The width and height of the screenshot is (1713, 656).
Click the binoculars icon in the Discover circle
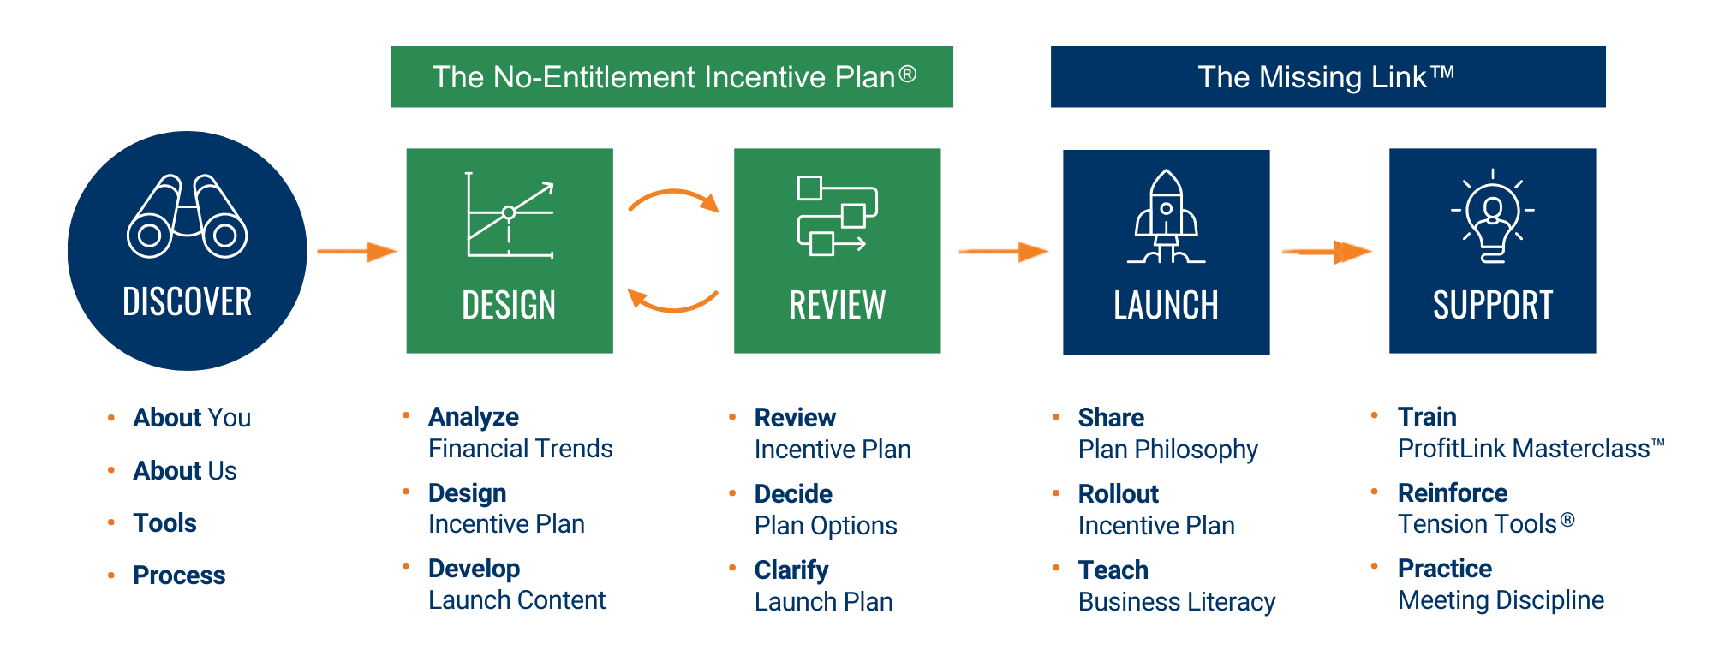point(187,217)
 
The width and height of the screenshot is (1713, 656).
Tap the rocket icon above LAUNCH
point(1166,218)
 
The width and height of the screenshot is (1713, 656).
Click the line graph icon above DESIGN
point(510,215)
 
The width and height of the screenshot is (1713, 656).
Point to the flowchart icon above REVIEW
point(837,215)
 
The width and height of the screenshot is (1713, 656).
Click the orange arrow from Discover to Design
point(358,252)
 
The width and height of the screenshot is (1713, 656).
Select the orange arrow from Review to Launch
point(1004,252)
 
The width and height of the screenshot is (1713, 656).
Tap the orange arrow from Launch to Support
point(1328,252)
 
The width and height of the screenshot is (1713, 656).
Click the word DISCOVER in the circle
point(187,301)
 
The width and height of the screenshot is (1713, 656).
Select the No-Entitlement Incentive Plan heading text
point(673,77)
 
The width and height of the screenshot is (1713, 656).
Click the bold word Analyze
point(474,417)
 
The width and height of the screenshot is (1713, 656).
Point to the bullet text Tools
point(164,523)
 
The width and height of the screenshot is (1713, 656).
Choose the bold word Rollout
point(1118,494)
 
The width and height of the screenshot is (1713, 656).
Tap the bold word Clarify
point(791,570)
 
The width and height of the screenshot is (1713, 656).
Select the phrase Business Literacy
point(1177,602)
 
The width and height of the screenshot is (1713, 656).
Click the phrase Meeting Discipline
point(1501,600)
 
